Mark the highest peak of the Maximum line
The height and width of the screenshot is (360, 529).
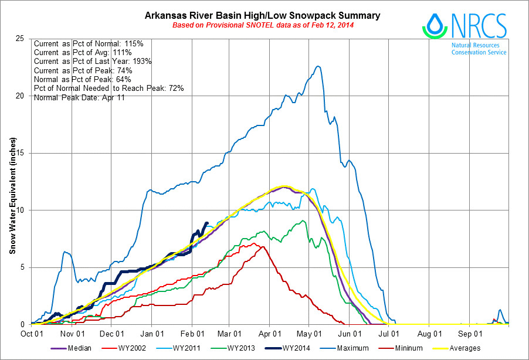point(318,66)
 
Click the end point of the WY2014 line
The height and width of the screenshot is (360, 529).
point(206,223)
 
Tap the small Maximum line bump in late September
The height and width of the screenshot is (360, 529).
point(500,310)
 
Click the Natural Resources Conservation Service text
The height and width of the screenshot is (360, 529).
point(479,49)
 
